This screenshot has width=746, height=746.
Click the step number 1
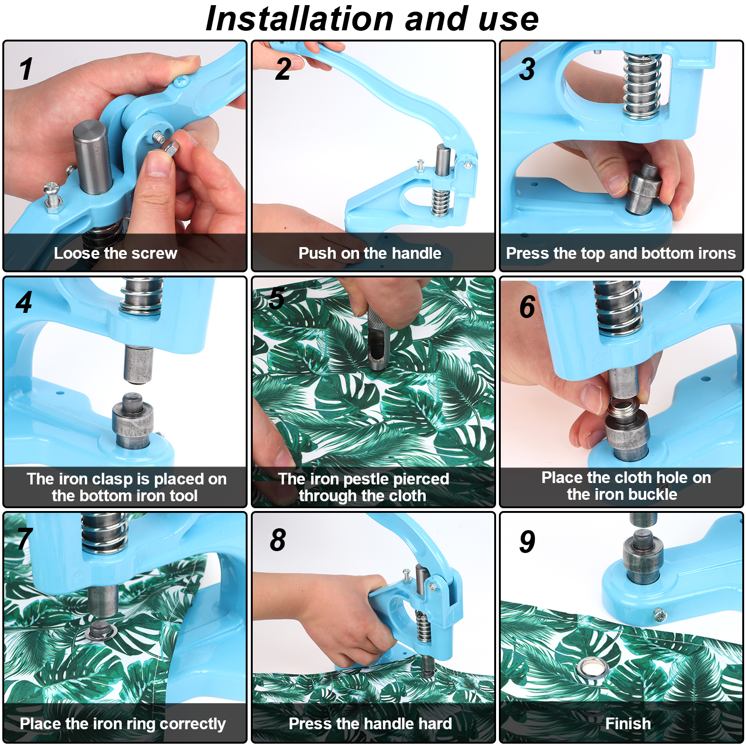point(26,69)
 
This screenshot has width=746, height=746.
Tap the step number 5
point(276,298)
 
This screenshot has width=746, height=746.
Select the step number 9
point(527,542)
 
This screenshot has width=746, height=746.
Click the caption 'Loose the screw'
point(116,253)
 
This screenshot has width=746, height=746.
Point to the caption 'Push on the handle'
point(370,253)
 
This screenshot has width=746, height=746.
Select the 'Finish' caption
point(628,724)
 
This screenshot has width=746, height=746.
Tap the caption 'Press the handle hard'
point(370,724)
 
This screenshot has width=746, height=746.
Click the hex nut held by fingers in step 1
point(170,148)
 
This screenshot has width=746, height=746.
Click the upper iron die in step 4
point(138,365)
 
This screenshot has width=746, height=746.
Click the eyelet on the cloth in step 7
point(99,630)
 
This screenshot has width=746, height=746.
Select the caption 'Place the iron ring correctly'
point(123,724)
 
